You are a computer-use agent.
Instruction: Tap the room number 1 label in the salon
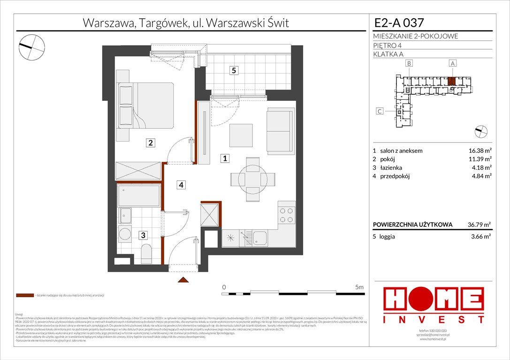pyautogui.click(x=226, y=159)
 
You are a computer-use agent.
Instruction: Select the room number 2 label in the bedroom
pyautogui.click(x=150, y=143)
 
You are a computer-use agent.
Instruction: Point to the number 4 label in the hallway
pyautogui.click(x=180, y=185)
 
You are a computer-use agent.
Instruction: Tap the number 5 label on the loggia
pyautogui.click(x=233, y=71)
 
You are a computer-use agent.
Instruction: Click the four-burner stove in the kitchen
pyautogui.click(x=287, y=216)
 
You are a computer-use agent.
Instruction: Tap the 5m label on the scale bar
pyautogui.click(x=360, y=286)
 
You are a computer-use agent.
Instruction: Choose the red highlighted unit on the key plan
pyautogui.click(x=451, y=81)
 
